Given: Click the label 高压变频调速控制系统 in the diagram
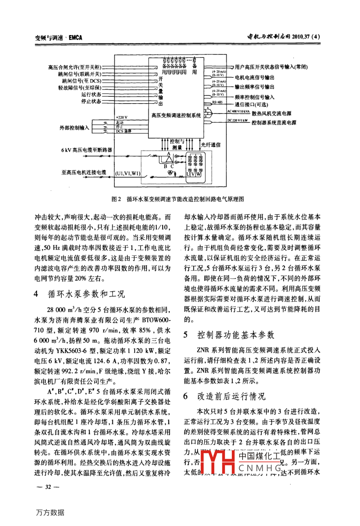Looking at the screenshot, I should point(176,115).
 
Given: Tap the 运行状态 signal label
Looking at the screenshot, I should point(91,94).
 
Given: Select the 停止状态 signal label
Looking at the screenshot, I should point(91,102).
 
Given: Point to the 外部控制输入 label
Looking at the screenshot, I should point(74,128).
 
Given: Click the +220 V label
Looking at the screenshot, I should point(122,118).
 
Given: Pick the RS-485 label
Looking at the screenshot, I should point(217,102).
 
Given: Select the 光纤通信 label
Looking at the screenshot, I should point(211,145).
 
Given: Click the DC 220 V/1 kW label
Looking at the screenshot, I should point(238,120).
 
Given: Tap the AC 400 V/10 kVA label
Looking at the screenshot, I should point(239,112).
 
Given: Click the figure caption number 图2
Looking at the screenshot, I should point(117,199).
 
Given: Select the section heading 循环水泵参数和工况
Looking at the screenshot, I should point(86,294).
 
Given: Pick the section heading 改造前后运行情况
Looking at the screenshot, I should point(231,396).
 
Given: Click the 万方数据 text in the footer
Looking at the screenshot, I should point(49,513).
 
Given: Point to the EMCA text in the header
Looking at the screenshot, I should point(75,38).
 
